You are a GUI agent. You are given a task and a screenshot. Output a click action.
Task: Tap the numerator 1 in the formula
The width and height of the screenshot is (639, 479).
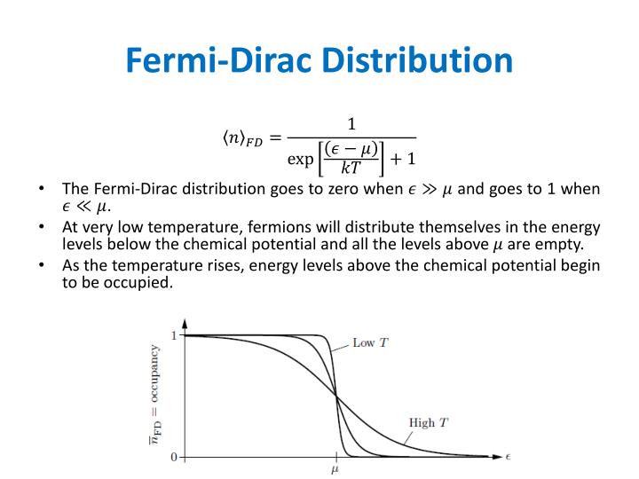click(352, 123)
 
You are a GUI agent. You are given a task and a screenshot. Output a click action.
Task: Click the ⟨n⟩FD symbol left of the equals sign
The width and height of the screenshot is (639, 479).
click(241, 139)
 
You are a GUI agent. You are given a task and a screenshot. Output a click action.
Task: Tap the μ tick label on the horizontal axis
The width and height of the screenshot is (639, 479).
click(335, 470)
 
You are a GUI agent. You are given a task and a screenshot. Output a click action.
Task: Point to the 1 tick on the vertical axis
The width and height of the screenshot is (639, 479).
click(174, 335)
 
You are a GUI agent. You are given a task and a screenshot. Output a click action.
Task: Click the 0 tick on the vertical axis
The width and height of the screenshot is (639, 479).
click(174, 456)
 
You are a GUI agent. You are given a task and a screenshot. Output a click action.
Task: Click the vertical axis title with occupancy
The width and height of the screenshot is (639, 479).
click(155, 395)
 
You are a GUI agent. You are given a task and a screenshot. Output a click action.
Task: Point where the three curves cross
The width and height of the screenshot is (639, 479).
click(335, 397)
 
